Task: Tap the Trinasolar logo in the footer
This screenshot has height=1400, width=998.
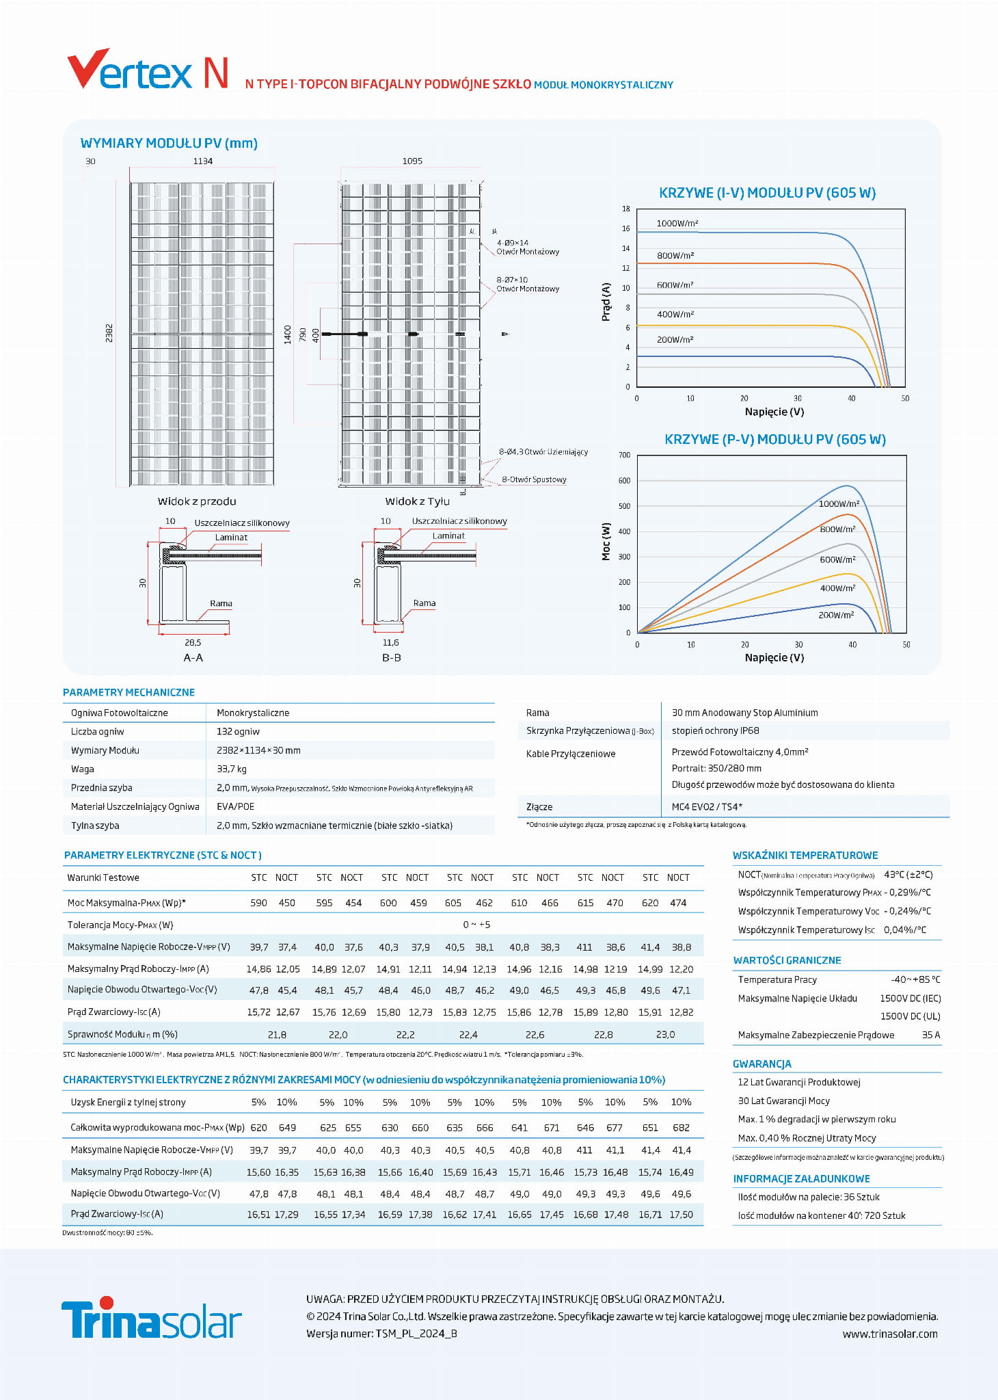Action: pyautogui.click(x=151, y=1318)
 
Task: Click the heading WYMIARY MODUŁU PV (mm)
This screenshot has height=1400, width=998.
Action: pyautogui.click(x=169, y=143)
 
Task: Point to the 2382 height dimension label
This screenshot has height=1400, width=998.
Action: pyautogui.click(x=109, y=333)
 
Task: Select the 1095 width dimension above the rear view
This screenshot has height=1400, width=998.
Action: pyautogui.click(x=412, y=161)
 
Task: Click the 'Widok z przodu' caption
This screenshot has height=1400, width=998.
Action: pyautogui.click(x=197, y=501)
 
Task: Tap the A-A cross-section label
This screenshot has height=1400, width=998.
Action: pyautogui.click(x=193, y=657)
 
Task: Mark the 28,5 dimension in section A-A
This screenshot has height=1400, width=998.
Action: pyautogui.click(x=193, y=642)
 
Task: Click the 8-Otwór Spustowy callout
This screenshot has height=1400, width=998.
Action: pyautogui.click(x=534, y=479)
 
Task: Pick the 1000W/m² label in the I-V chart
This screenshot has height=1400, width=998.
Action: pyautogui.click(x=677, y=224)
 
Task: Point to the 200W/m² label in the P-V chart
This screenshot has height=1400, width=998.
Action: pyautogui.click(x=836, y=615)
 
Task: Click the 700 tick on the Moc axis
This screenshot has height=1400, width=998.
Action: pyautogui.click(x=624, y=455)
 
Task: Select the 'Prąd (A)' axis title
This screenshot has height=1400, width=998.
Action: pyautogui.click(x=606, y=302)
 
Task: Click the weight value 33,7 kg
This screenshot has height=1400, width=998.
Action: pyautogui.click(x=232, y=769)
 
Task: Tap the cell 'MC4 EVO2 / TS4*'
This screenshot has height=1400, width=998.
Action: pyautogui.click(x=707, y=806)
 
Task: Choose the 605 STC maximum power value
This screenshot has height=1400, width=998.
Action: pyautogui.click(x=453, y=903)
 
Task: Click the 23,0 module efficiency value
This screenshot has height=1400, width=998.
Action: pyautogui.click(x=665, y=1035)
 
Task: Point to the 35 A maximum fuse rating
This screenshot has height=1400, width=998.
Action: pyautogui.click(x=930, y=1035)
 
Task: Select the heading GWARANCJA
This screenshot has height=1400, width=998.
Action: pyautogui.click(x=761, y=1064)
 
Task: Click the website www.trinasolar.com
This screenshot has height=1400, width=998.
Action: pyautogui.click(x=889, y=1334)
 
